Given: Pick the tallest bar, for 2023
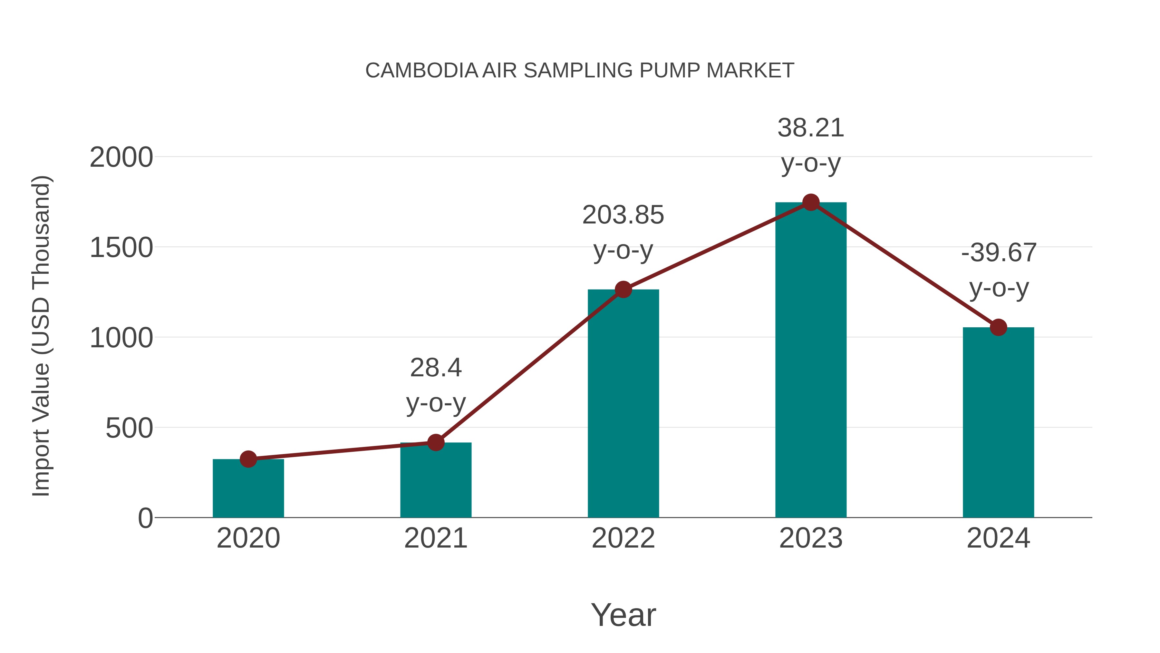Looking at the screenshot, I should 811,361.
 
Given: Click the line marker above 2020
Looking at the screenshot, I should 248,459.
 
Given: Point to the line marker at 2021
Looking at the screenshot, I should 435,442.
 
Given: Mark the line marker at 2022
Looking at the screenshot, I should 623,289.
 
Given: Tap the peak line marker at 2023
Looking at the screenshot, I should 811,202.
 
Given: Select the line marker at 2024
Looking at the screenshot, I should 998,327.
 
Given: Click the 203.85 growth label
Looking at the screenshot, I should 623,215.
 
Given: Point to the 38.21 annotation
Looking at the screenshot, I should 811,128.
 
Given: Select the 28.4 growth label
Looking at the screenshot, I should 435,368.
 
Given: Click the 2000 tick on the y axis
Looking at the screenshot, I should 121,158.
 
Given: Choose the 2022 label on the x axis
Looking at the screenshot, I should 623,538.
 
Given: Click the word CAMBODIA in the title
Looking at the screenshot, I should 421,71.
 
